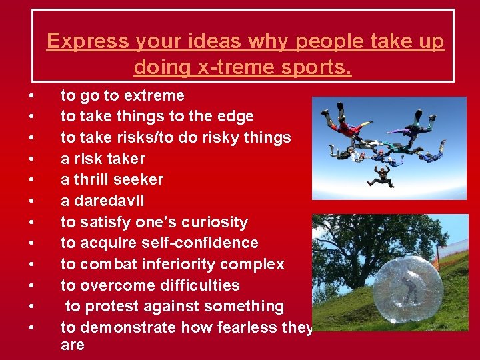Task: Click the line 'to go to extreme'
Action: (x=122, y=95)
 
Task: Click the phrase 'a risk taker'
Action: (x=103, y=159)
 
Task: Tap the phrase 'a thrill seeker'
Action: (x=112, y=180)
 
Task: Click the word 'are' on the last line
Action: (x=72, y=345)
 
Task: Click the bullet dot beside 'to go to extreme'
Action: (x=31, y=95)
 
